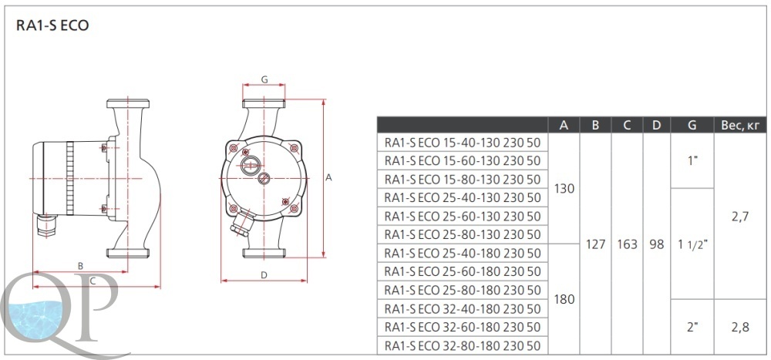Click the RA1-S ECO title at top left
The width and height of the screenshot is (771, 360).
52,25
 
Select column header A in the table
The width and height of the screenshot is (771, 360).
564,125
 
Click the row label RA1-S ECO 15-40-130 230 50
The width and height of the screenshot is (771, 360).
463,143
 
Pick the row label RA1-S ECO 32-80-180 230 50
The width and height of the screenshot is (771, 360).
463,345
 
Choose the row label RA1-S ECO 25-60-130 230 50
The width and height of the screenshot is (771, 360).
463,216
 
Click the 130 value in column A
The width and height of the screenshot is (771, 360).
564,188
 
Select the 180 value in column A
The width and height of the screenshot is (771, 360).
564,299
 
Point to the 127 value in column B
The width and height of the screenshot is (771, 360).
595,244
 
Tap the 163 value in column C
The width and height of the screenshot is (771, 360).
627,244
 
